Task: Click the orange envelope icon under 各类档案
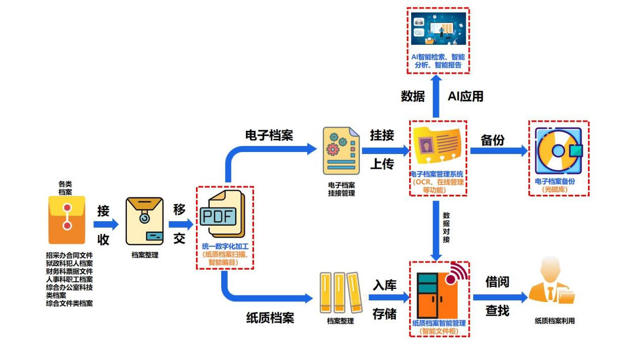67,221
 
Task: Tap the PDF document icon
222,214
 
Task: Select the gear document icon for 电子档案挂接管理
341,150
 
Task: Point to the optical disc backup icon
558,150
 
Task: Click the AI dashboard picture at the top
438,29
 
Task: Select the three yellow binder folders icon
341,293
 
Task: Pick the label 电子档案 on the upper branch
269,135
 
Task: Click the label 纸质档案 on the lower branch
270,318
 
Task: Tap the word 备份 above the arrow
493,140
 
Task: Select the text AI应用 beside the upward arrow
465,96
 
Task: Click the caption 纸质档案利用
554,321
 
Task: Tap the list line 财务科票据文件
69,271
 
